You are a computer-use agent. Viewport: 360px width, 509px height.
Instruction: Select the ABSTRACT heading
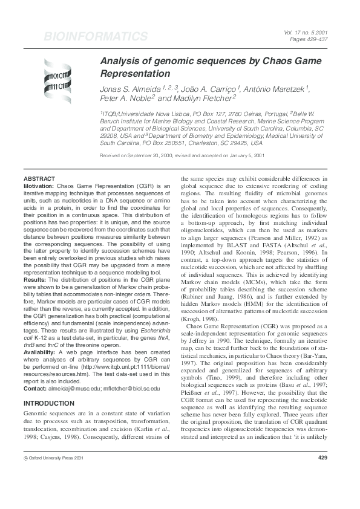(x=39, y=180)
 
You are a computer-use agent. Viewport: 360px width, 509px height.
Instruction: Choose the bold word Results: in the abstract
(x=36, y=280)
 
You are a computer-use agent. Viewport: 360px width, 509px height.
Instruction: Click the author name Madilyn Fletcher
(x=201, y=98)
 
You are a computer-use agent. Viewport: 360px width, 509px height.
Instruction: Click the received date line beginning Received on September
(x=182, y=155)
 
